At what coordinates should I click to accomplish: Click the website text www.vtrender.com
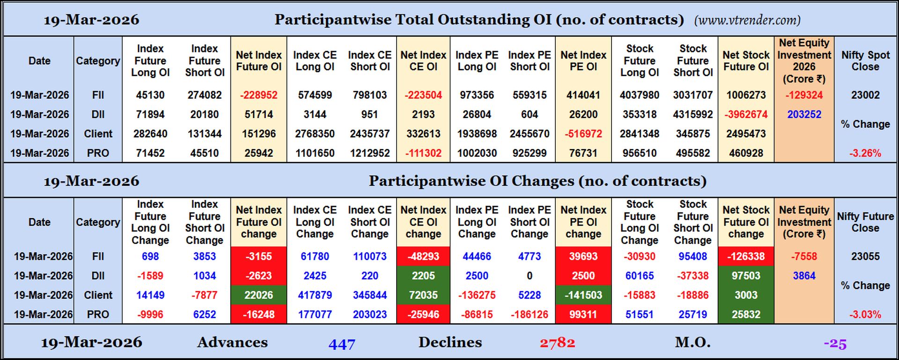point(747,20)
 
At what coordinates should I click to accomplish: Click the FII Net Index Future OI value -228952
point(258,95)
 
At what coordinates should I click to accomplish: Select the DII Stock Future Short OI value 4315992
point(693,114)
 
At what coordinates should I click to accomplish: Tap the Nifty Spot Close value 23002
point(865,95)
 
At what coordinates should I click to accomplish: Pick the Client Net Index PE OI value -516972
point(583,134)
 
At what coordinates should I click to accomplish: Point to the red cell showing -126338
point(746,257)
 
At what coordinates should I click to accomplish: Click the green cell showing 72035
point(423,295)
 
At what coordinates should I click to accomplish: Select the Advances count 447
point(342,344)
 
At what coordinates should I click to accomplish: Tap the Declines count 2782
point(557,343)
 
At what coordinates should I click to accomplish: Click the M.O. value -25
point(835,344)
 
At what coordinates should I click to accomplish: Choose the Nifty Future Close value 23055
point(865,257)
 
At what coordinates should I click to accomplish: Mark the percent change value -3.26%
point(865,153)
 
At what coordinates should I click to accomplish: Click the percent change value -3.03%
point(865,315)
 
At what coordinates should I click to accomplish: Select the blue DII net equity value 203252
point(804,114)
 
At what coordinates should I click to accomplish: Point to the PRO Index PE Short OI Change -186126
point(529,315)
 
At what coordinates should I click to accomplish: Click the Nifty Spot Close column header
point(865,61)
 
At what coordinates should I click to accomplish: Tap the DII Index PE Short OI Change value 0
point(529,276)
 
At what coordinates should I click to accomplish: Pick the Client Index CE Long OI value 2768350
point(315,134)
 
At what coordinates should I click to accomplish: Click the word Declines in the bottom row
point(450,342)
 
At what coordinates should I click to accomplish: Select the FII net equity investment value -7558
point(804,257)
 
